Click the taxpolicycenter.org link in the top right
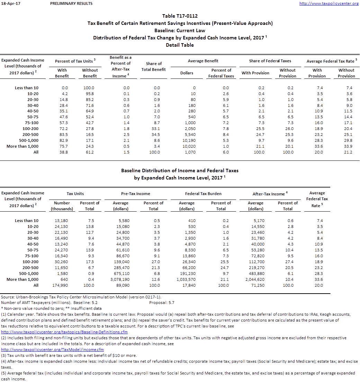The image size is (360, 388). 328,3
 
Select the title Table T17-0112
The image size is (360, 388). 180,16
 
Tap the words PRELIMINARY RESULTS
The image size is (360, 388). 71,3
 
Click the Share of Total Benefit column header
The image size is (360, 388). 154,66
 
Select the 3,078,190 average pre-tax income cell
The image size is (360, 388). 120,279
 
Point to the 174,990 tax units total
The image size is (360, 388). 62,285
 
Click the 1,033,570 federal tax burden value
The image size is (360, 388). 187,279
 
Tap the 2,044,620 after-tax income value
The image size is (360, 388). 255,279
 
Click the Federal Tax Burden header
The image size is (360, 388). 203,194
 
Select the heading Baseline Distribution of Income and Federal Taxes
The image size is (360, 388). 180,170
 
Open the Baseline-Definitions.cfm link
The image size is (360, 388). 64,332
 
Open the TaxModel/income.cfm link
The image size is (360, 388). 52,350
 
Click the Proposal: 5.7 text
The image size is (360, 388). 162,303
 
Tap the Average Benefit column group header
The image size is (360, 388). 203,61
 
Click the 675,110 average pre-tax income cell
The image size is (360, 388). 120,274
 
